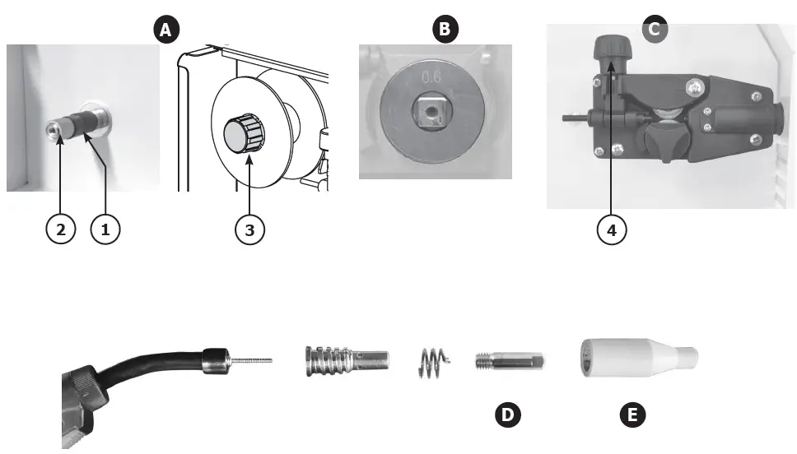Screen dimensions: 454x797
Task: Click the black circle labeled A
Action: [165, 30]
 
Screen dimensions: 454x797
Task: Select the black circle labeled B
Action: [445, 30]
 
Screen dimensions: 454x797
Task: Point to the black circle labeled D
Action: [508, 415]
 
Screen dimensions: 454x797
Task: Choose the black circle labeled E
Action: [632, 415]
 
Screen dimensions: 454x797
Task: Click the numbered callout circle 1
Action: [105, 230]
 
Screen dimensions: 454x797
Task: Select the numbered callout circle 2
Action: [60, 230]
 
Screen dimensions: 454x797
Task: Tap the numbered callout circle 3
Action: [250, 230]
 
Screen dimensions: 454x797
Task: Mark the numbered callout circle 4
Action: [610, 230]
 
